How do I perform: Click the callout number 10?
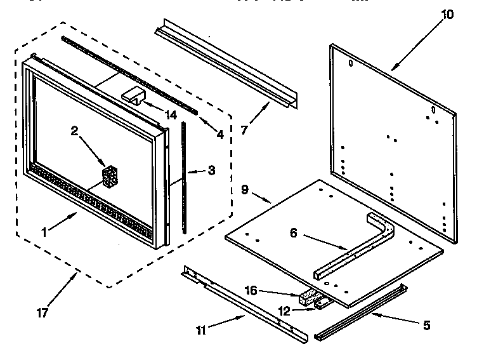click(x=447, y=15)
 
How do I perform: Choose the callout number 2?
click(x=74, y=131)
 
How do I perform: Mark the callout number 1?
click(x=44, y=232)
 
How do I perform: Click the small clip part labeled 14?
click(x=133, y=95)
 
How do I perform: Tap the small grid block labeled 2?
click(x=111, y=177)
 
